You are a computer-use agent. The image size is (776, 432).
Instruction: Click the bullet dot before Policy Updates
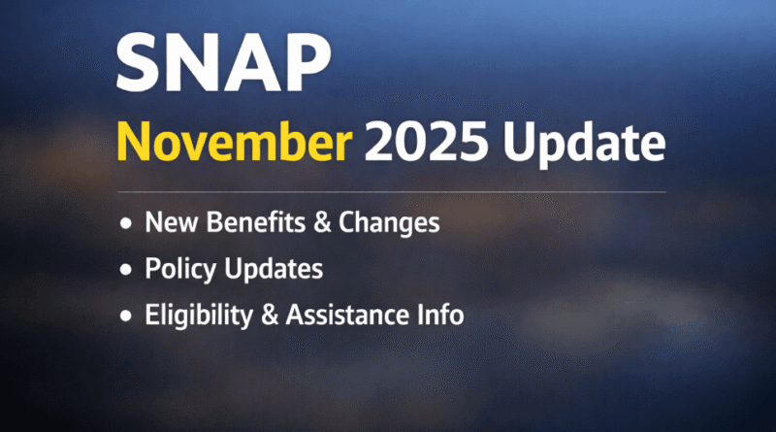click(125, 270)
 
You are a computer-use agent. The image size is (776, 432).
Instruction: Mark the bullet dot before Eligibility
click(125, 316)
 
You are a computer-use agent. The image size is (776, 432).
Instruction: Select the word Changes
click(379, 223)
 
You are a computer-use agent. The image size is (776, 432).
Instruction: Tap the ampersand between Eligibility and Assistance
click(274, 315)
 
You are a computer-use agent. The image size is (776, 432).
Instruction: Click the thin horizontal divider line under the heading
click(388, 192)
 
